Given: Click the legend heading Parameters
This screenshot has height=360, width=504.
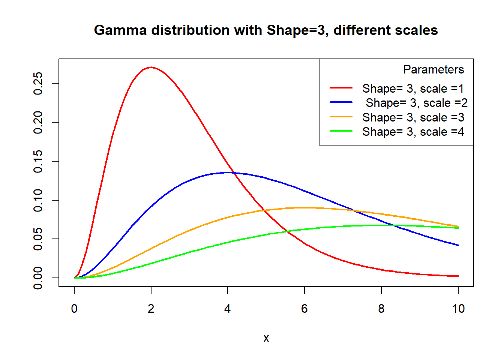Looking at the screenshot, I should click(433, 70).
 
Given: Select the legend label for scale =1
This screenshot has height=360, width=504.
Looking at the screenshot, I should click(413, 89).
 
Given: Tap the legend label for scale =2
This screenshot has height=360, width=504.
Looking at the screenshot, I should click(416, 103).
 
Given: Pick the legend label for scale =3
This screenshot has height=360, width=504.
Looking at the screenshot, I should click(413, 118).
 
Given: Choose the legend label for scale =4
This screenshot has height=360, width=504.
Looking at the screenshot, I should click(413, 132).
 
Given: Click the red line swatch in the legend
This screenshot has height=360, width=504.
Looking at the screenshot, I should click(341, 88).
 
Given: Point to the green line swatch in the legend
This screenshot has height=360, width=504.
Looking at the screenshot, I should click(341, 131).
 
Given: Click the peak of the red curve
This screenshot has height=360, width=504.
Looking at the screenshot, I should click(151, 67).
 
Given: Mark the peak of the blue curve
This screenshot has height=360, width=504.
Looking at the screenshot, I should click(228, 172).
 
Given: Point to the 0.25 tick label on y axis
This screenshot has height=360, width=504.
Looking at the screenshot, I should click(38, 83).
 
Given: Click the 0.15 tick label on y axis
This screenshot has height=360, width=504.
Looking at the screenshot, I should click(38, 161).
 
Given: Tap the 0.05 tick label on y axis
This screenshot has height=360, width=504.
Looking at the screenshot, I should click(38, 239).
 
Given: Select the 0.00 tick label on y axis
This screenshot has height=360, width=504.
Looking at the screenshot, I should click(38, 278).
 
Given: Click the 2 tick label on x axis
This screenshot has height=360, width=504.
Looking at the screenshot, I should click(151, 309).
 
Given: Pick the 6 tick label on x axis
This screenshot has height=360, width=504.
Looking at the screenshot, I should click(304, 309).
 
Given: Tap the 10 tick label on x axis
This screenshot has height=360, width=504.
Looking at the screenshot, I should click(458, 309).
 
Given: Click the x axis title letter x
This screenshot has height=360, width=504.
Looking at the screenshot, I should click(266, 338).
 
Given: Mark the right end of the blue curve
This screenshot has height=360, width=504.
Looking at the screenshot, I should click(458, 245).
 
